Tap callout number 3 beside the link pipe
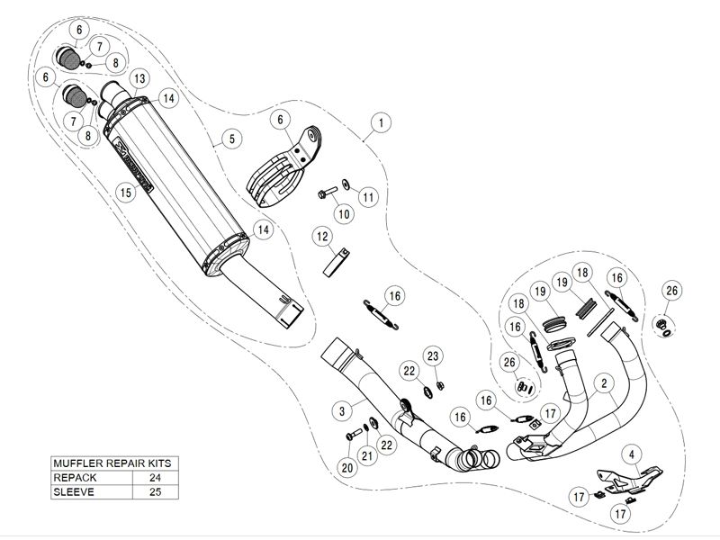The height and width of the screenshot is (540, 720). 342,410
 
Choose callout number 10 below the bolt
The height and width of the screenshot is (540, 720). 343,213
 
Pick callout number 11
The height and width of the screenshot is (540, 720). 368,195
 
